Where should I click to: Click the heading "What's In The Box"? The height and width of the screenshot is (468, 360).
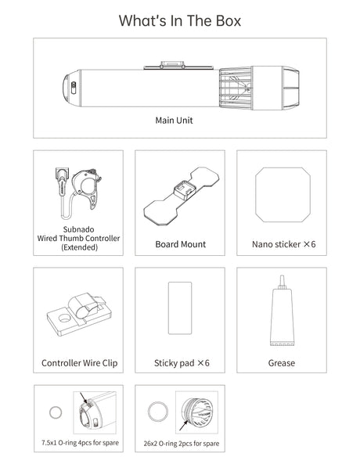[x=180, y=21]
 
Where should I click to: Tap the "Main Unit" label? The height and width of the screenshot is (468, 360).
[x=174, y=121]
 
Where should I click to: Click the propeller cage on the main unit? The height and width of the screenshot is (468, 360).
[x=236, y=88]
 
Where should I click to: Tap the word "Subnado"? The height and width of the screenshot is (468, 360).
[x=78, y=229]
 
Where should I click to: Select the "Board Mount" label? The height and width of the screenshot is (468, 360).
[x=180, y=244]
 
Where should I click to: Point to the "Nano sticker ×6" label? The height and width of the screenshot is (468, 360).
[x=283, y=244]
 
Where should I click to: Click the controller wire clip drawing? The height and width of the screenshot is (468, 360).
[x=79, y=314]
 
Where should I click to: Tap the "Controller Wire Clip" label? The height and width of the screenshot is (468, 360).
[x=79, y=363]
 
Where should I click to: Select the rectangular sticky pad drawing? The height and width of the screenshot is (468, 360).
[x=180, y=308]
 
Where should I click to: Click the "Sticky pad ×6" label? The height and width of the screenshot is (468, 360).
[x=182, y=363]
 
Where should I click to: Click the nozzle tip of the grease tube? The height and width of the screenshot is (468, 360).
[x=282, y=277]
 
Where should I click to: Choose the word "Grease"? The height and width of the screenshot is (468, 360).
[x=282, y=363]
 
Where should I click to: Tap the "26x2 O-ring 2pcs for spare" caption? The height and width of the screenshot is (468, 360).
[x=182, y=443]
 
